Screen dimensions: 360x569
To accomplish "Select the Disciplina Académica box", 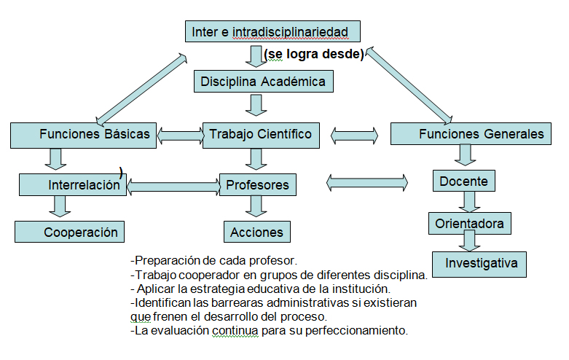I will point(263,81).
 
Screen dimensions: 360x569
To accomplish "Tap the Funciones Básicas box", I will point(83,134).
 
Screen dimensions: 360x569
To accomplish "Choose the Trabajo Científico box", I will point(261,134).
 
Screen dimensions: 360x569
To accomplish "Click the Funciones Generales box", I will point(471,134).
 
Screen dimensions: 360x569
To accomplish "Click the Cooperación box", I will point(70,232).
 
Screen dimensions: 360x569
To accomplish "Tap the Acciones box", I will point(256,232).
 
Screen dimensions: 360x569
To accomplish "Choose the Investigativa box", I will point(479,262).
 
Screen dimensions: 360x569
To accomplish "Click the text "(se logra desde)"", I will point(314,55).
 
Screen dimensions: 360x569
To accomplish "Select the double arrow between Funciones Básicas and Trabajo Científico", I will point(180,134).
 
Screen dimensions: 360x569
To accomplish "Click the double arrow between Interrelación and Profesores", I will point(173,186).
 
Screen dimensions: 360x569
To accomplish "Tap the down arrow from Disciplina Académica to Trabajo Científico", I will point(254,105).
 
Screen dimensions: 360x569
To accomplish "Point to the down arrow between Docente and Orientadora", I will point(468,200).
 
